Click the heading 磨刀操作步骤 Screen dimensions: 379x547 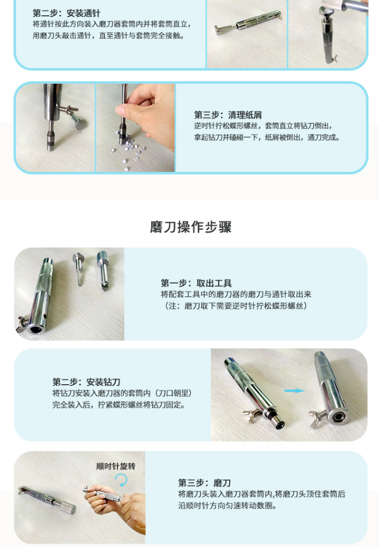pyautogui.click(x=191, y=227)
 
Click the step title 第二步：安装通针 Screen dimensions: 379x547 pyautogui.click(x=66, y=13)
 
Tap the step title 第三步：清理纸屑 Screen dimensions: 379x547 pyautogui.click(x=228, y=115)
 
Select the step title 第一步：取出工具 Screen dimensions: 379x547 pyautogui.click(x=196, y=283)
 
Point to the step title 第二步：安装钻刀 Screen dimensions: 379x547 pyautogui.click(x=87, y=382)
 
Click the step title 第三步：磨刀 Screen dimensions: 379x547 pyautogui.click(x=204, y=483)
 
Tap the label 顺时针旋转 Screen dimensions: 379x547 pyautogui.click(x=116, y=466)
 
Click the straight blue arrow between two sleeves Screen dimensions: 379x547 pyautogui.click(x=294, y=391)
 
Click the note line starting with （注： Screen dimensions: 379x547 pyautogui.click(x=235, y=306)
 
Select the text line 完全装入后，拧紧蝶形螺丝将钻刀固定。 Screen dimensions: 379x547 pyautogui.click(x=119, y=405)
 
